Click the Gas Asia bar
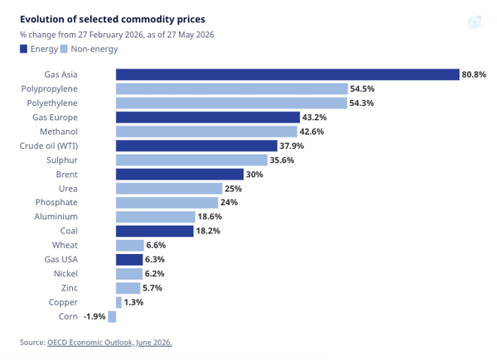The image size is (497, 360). pyautogui.click(x=287, y=74)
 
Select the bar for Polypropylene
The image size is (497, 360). pyautogui.click(x=232, y=89)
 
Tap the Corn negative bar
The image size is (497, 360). pyautogui.click(x=112, y=317)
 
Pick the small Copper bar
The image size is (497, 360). pyautogui.click(x=118, y=302)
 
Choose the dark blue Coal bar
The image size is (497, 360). pyautogui.click(x=155, y=231)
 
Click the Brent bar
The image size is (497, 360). pyautogui.click(x=180, y=175)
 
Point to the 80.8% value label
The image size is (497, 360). pyautogui.click(x=474, y=74)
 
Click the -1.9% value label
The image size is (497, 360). pyautogui.click(x=94, y=317)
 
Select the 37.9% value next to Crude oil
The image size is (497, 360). pyautogui.click(x=292, y=146)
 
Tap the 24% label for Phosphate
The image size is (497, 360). pyautogui.click(x=229, y=202)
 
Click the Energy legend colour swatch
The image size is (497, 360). pyautogui.click(x=23, y=49)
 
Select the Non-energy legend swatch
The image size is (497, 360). pyautogui.click(x=64, y=49)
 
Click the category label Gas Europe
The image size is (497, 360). pyautogui.click(x=55, y=118)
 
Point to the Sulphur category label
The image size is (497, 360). pyautogui.click(x=62, y=161)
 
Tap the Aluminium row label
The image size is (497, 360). pyautogui.click(x=55, y=217)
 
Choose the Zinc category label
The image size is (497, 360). pyautogui.click(x=70, y=288)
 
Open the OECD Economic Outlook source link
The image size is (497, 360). pyautogui.click(x=109, y=343)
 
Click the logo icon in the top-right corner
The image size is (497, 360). pyautogui.click(x=475, y=22)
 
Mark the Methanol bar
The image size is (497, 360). pyautogui.click(x=206, y=132)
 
